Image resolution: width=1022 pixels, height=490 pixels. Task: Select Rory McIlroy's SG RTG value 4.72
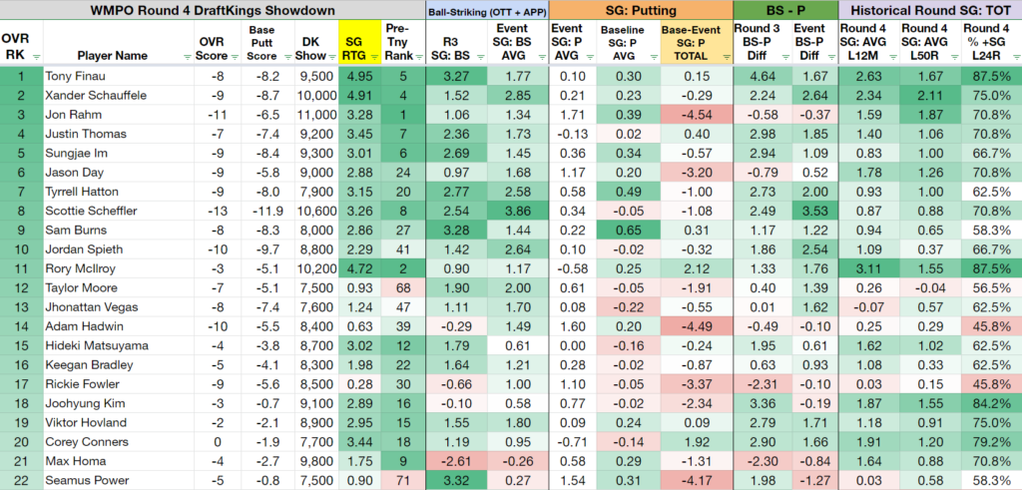[357, 268]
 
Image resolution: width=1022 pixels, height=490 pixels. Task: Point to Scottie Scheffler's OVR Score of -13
[219, 211]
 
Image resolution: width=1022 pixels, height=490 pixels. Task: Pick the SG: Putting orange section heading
[641, 10]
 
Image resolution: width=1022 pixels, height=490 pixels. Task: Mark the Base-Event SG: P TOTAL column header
[697, 43]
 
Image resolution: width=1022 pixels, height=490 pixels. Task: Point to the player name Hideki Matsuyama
[97, 345]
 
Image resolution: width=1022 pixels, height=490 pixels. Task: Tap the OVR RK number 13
[21, 307]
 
